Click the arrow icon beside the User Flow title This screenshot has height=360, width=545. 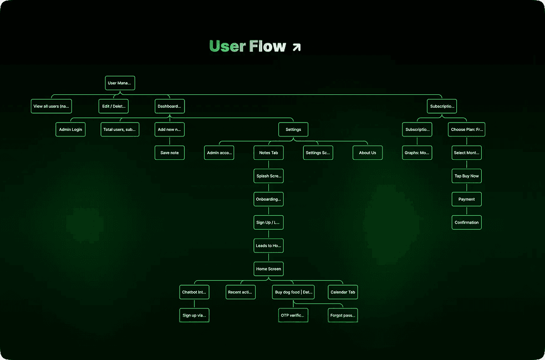297,47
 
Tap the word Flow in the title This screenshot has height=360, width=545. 268,47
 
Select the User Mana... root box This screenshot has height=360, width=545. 120,83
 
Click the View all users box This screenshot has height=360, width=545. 51,107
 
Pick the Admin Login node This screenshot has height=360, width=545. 70,130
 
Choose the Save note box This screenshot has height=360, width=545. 170,153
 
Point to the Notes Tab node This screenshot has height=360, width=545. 269,153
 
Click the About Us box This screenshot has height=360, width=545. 368,153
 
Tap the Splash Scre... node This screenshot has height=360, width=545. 269,176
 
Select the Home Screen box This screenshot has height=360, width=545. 268,269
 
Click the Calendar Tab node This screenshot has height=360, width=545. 343,292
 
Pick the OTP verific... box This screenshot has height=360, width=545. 293,316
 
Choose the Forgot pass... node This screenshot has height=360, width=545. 343,316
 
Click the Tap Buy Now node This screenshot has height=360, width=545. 466,176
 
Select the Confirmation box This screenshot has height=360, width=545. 466,223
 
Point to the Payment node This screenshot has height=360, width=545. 466,200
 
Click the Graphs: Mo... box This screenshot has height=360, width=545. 417,153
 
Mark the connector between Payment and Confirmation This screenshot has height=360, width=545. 466,211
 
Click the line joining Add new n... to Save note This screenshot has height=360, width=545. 170,141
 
